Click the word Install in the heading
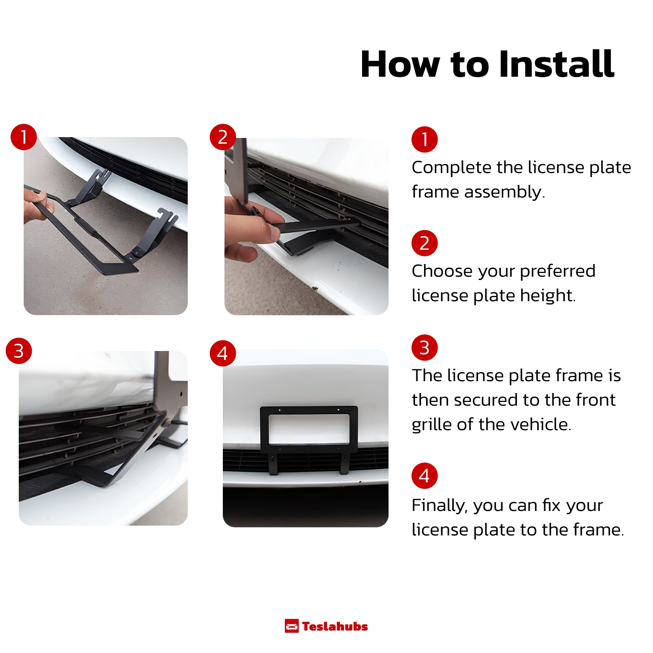556,64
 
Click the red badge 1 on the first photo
24,137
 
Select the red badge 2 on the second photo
223,137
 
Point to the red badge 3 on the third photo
19,351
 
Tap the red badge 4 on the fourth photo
223,353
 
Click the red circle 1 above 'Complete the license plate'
424,139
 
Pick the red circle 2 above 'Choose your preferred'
424,243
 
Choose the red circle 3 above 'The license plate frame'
424,348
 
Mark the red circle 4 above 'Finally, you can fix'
424,476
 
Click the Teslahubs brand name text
335,626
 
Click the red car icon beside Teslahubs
291,626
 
